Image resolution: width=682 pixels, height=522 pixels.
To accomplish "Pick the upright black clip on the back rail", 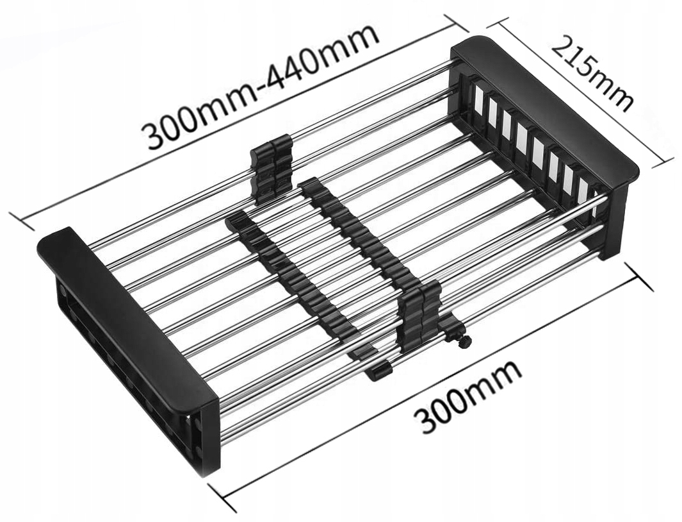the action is tap(270, 170).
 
